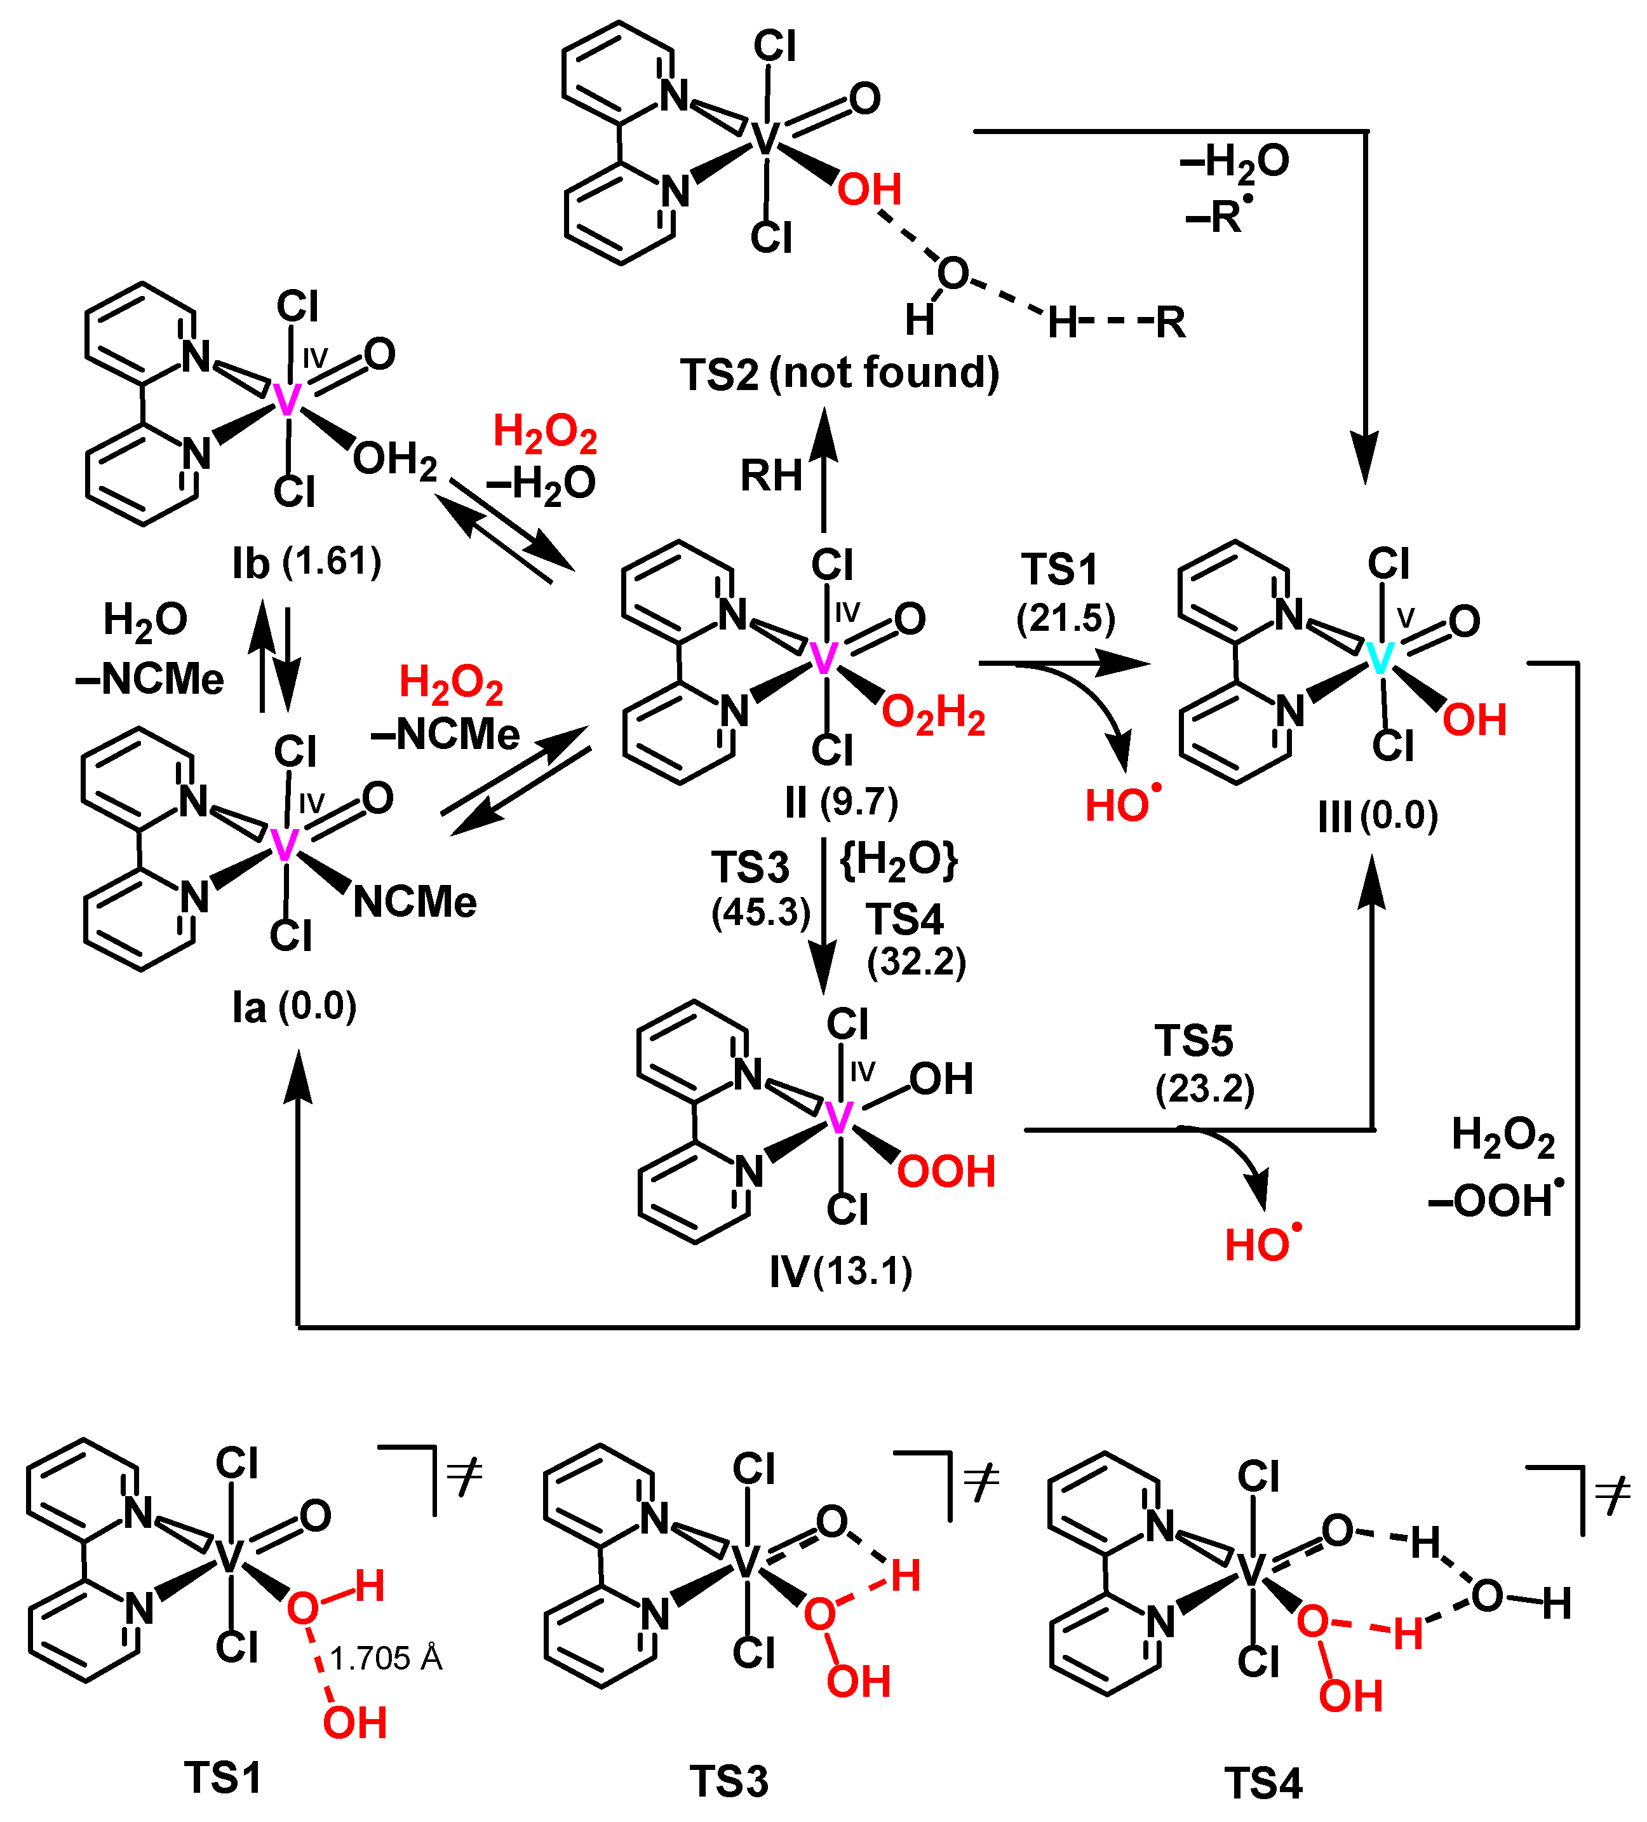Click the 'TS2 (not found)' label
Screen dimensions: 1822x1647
click(838, 374)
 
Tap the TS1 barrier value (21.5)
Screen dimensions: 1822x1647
click(1065, 619)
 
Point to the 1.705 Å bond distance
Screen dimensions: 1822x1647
click(386, 1659)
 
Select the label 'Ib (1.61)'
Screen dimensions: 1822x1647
click(306, 562)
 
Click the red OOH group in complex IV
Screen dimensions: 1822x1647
click(945, 1171)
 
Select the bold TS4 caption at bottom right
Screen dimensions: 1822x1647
click(1262, 1783)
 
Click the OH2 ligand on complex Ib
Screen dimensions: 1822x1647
click(395, 460)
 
